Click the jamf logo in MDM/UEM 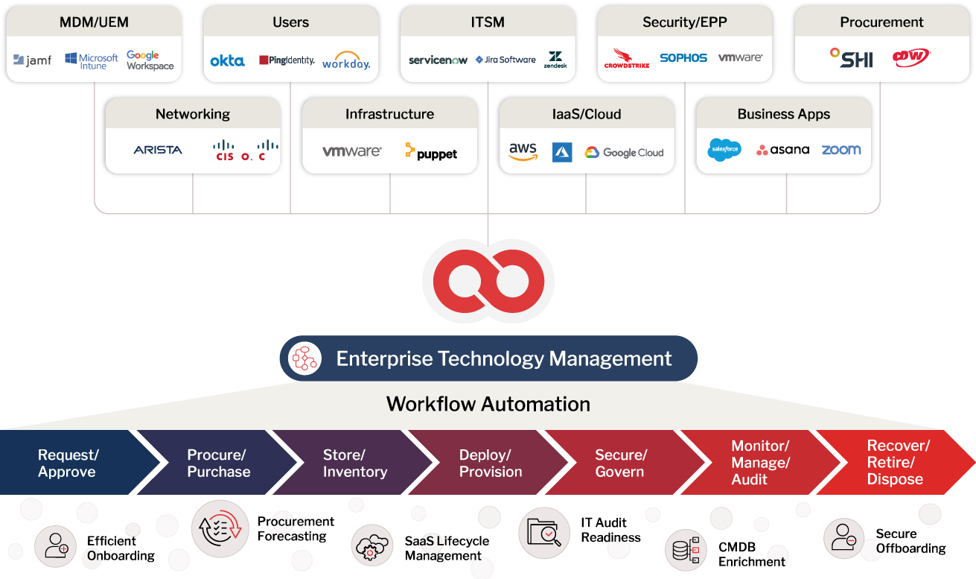(x=32, y=60)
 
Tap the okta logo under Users (x=228, y=60)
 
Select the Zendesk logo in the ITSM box (x=555, y=60)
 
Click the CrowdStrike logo (x=627, y=58)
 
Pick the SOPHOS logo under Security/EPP (x=683, y=57)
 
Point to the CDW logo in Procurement (x=911, y=57)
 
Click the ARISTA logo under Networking (x=158, y=150)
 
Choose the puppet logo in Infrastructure (x=431, y=151)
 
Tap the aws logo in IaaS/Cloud (x=523, y=151)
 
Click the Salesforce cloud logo (x=724, y=150)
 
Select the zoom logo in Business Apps (x=841, y=150)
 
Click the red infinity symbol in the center (x=488, y=281)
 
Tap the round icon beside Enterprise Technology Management (x=304, y=358)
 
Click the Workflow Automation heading (x=488, y=404)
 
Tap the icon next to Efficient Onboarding (x=56, y=546)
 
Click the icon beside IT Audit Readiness (x=543, y=533)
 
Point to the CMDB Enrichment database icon (x=686, y=550)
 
